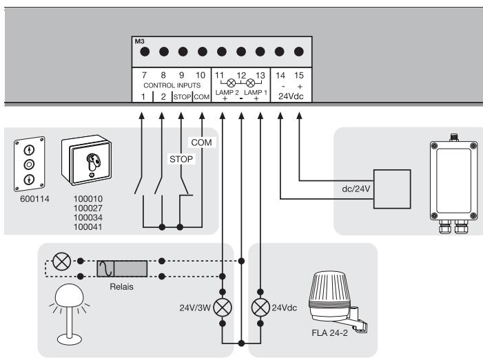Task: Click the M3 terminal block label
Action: coord(139,41)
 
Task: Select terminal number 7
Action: coord(144,75)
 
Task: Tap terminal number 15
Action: coord(299,76)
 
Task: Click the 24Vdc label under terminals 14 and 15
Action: coord(291,96)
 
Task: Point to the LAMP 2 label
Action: coord(227,92)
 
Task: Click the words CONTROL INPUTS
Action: coord(172,85)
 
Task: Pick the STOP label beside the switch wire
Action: coord(181,159)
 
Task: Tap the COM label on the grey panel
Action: coord(201,142)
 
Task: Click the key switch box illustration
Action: coord(87,160)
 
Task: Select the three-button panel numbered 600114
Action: coord(29,164)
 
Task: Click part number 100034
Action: coord(88,218)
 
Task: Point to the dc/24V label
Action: coord(356,189)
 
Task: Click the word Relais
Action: coord(122,287)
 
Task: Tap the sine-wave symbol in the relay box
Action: coord(105,268)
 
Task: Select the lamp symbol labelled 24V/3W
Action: coord(223,308)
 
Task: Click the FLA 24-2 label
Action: coord(329,333)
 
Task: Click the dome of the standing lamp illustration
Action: coord(70,294)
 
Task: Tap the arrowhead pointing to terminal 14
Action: coord(280,116)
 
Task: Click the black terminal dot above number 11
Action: coord(221,52)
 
